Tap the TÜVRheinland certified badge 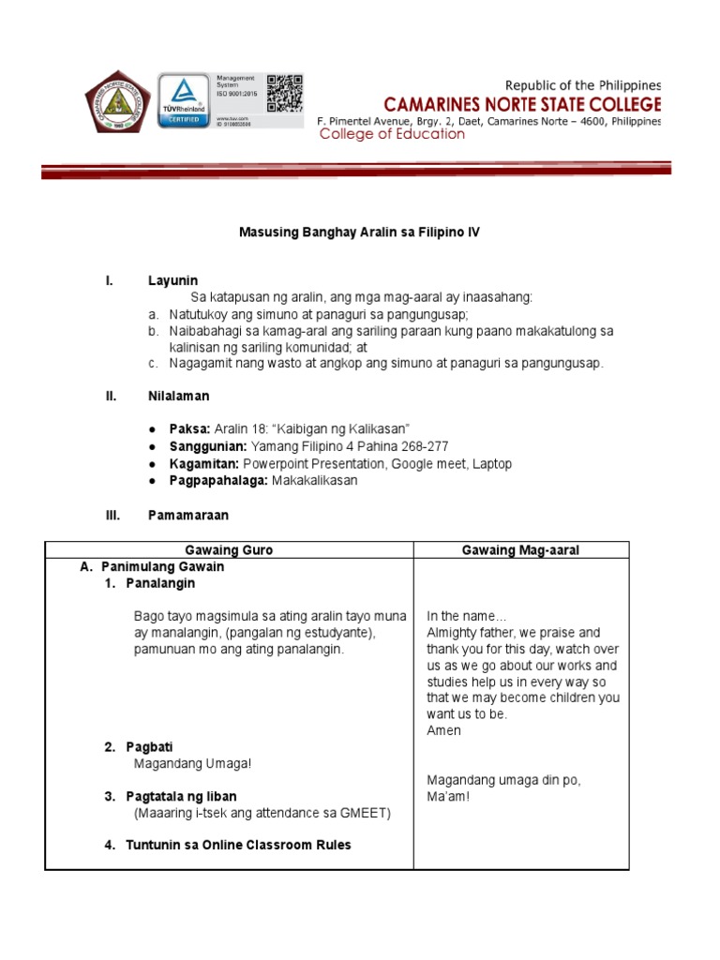(x=184, y=101)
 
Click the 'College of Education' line (x=392, y=134)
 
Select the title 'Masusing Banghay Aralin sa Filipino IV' (x=359, y=232)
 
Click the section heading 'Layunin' (x=172, y=280)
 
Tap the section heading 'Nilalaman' (x=178, y=397)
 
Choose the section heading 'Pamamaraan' (x=187, y=515)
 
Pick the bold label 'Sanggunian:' (x=207, y=446)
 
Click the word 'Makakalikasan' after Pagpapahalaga (x=315, y=481)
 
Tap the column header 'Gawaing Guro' (x=230, y=550)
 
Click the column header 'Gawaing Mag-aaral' (x=520, y=550)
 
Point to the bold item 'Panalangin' (x=160, y=583)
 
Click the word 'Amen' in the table (x=443, y=730)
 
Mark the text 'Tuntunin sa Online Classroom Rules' (x=238, y=845)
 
